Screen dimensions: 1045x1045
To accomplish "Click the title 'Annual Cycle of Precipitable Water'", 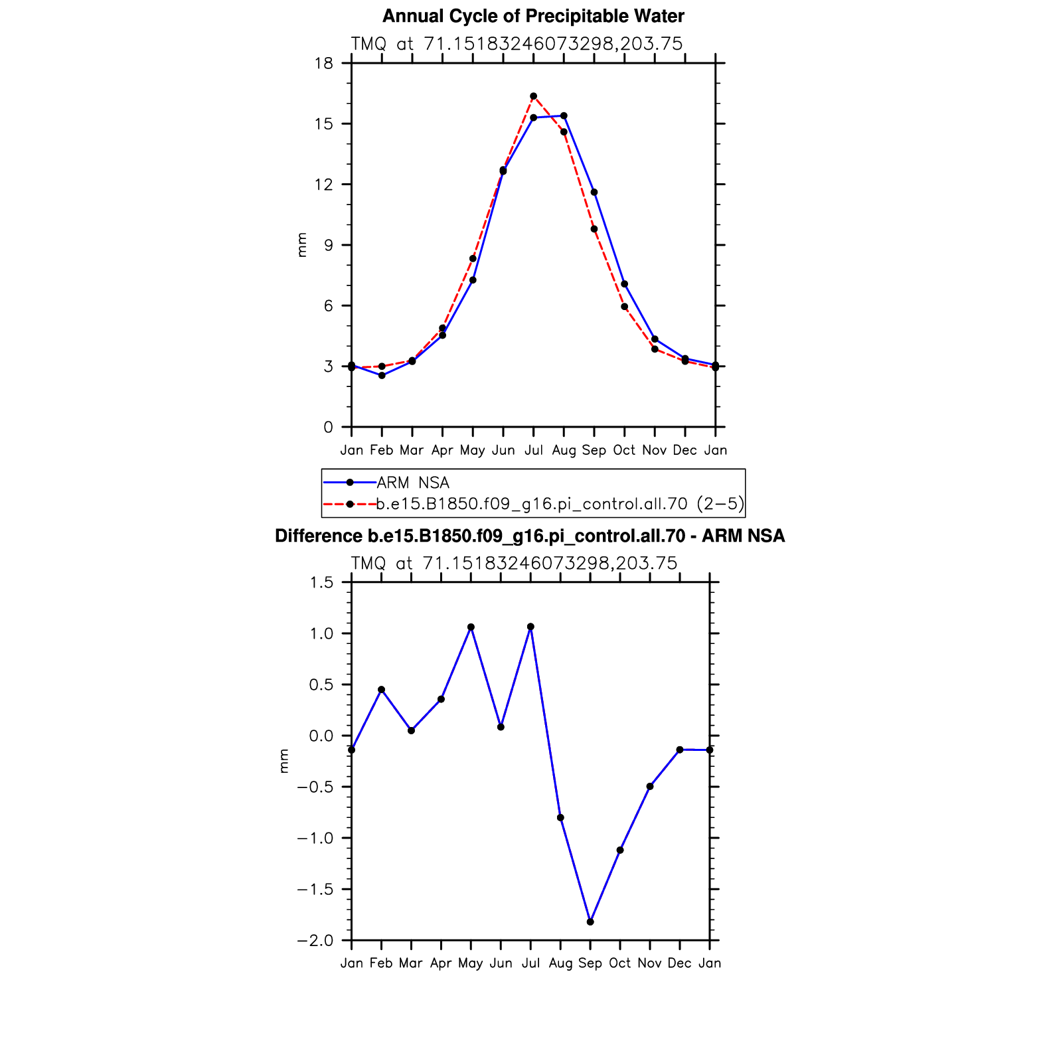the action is [533, 16].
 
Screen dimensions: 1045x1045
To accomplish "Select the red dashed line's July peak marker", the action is [533, 96].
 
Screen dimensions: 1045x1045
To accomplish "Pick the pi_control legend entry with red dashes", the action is [533, 504].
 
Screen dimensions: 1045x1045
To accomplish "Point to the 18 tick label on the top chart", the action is [324, 64].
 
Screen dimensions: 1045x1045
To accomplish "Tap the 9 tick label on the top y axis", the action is [328, 246].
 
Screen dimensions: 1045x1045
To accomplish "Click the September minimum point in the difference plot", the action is [590, 922].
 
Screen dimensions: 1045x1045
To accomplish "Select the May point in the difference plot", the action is [471, 627].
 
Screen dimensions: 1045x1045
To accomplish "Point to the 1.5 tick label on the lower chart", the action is [321, 583].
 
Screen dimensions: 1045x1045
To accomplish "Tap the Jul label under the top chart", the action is [533, 450].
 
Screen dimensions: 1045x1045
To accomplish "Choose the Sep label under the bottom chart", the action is [590, 963].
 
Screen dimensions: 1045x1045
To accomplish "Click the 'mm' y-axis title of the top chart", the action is [302, 245].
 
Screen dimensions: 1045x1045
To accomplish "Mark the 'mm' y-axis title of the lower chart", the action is [284, 761].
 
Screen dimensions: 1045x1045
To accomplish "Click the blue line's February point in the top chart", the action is [382, 376].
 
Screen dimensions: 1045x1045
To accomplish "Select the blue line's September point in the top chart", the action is [594, 193].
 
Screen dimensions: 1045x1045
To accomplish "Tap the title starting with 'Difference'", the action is [530, 536].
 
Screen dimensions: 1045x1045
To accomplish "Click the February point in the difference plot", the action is [381, 690].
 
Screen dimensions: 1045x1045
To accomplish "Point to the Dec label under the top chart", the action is [684, 450].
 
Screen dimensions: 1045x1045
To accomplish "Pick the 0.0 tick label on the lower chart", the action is [321, 736].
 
